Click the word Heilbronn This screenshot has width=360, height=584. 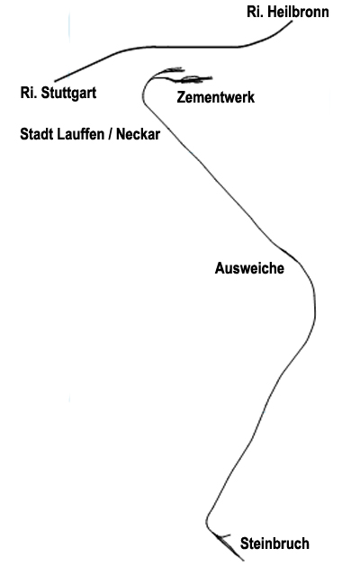(x=298, y=12)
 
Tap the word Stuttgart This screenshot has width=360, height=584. (x=68, y=93)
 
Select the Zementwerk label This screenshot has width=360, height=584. (x=216, y=97)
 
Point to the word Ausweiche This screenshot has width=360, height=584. (x=249, y=268)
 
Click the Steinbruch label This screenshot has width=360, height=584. (x=274, y=544)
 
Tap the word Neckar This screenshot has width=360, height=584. (x=138, y=134)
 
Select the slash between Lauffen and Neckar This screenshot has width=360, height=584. (x=111, y=134)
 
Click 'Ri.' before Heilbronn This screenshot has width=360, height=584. (x=255, y=12)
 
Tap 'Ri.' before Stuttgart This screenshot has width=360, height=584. (x=29, y=93)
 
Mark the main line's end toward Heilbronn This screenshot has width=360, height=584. (x=292, y=22)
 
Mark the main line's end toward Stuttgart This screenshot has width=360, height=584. (x=55, y=81)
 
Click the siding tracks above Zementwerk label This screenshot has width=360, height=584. (x=183, y=75)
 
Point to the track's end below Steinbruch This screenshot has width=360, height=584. (x=244, y=561)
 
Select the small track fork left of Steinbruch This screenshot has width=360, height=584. (x=222, y=537)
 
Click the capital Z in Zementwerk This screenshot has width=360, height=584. (x=181, y=97)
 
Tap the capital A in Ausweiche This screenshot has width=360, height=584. (x=220, y=268)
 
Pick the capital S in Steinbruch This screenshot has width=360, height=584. (x=245, y=544)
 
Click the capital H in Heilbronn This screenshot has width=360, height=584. (x=272, y=12)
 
